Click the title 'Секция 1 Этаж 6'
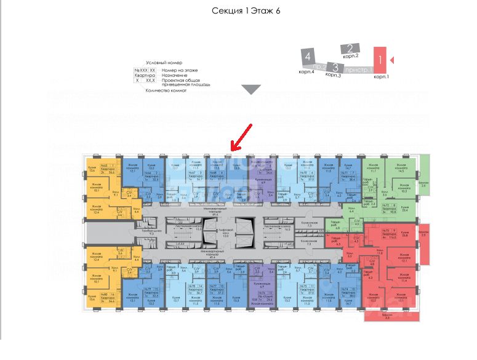(x=246, y=11)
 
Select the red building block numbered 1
(x=381, y=60)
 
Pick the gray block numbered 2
(x=350, y=49)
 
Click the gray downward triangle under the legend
(x=251, y=90)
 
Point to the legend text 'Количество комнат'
(x=166, y=90)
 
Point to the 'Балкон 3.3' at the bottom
(x=387, y=316)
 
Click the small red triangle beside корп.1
(x=393, y=60)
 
